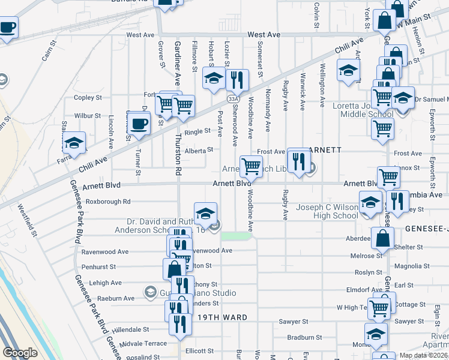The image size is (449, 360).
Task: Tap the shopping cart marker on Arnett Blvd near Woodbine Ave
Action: point(251,166)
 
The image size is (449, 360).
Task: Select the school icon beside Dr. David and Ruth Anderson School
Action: point(205,214)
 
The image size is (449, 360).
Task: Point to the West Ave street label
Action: point(264,35)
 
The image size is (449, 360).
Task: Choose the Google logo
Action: point(20,353)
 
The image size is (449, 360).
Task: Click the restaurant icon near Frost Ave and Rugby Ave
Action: point(298,160)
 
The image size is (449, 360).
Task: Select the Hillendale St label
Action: point(125,329)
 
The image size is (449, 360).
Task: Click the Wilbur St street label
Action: point(87,115)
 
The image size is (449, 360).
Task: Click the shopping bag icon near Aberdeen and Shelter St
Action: point(382,238)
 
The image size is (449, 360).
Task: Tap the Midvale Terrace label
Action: point(143,344)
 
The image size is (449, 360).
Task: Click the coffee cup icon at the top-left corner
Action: point(7,28)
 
